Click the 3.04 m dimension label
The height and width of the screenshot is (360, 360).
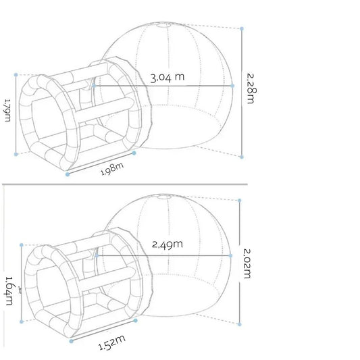168,77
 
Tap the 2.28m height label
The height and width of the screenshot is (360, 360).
252,88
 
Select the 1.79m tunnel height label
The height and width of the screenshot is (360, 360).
7,110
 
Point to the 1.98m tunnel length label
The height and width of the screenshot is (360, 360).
112,169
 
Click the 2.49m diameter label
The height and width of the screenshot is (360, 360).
168,245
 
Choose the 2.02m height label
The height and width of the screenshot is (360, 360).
247,263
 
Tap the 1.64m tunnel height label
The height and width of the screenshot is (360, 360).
9,290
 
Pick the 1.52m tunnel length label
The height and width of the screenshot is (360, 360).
112,343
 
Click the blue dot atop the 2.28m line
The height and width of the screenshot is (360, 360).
242,28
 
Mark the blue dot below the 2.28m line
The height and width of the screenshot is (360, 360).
242,157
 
